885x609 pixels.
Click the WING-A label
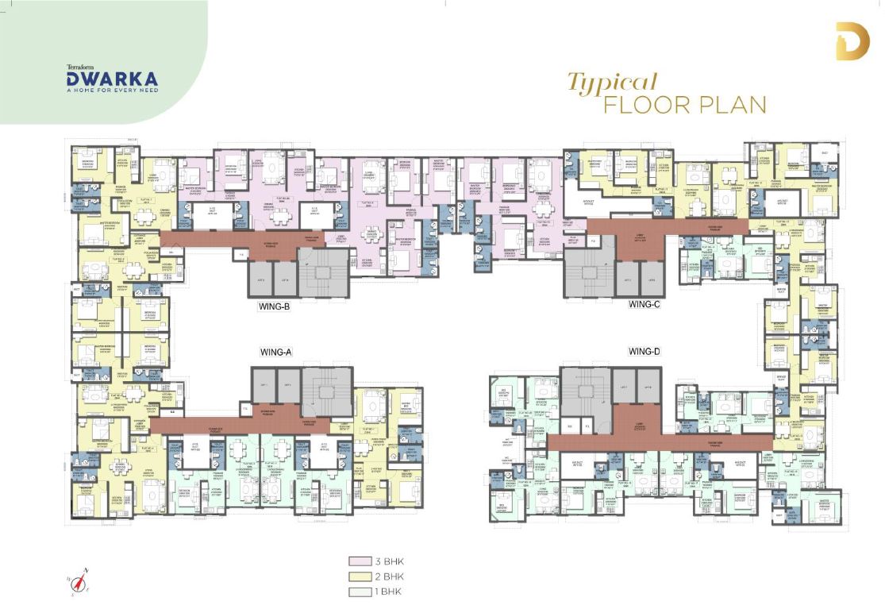point(277,351)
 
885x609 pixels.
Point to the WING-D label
point(645,351)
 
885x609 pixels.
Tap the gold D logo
point(852,42)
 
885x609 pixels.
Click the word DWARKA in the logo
point(112,79)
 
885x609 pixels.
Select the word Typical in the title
point(611,83)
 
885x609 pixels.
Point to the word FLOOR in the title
point(644,105)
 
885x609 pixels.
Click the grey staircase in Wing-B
point(322,272)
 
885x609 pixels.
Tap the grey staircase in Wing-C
point(589,272)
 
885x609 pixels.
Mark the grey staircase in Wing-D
point(585,389)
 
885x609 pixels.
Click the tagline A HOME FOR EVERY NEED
point(112,90)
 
